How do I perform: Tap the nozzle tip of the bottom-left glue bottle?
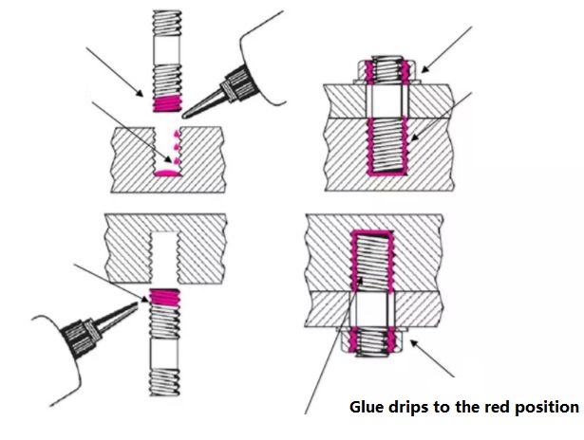141,302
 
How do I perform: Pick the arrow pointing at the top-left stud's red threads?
114,70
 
